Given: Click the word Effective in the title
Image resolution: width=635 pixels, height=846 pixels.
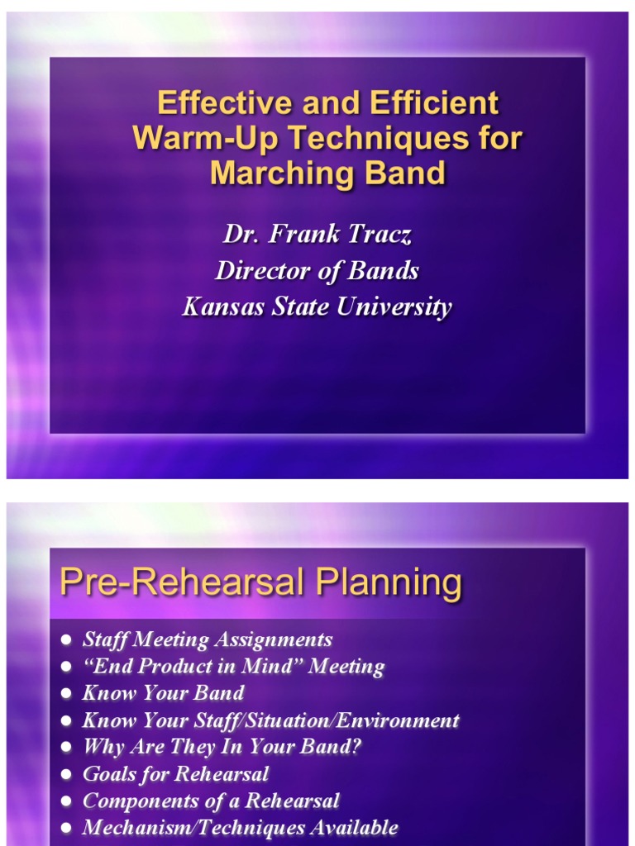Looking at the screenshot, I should pos(212,103).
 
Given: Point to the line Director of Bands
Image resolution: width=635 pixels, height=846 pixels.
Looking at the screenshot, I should pos(317,270).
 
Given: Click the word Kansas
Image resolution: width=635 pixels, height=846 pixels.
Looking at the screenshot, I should pos(222,307).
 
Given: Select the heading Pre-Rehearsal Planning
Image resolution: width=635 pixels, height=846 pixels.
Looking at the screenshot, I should pos(260,583).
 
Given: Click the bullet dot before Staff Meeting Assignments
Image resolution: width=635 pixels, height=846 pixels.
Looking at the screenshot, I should pos(66,640).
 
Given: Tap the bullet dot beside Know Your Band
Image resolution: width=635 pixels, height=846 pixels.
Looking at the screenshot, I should pos(66,694).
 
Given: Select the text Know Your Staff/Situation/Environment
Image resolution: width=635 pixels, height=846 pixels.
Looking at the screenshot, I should pos(270,720).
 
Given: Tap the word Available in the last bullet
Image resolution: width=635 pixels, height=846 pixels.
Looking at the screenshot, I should pos(356,827).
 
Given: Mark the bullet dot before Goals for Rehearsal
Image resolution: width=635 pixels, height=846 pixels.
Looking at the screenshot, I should pos(66,775).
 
